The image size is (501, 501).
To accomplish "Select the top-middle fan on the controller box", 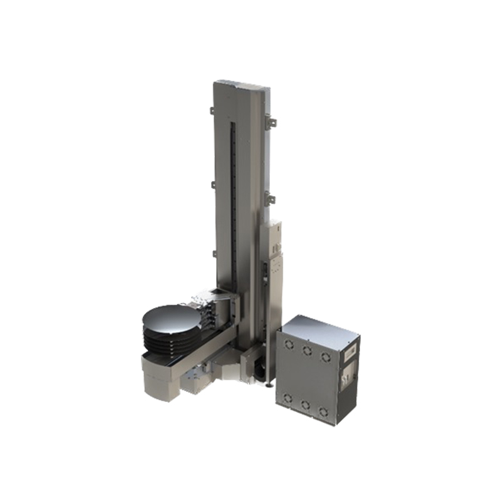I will click(307, 351).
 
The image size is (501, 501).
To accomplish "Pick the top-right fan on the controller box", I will click(325, 357).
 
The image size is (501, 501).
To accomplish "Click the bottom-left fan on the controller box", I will click(287, 398).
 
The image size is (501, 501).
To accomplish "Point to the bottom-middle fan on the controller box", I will click(305, 405).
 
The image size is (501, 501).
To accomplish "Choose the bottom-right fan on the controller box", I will click(323, 412).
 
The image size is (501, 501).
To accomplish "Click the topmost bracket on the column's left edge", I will click(212, 111).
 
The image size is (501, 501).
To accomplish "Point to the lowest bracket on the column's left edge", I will click(213, 253).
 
